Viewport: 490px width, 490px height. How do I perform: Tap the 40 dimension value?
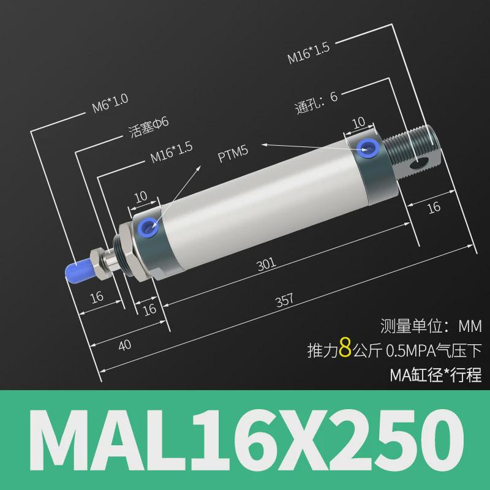pyautogui.click(x=125, y=345)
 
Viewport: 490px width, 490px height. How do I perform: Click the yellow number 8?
pyautogui.click(x=344, y=350)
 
